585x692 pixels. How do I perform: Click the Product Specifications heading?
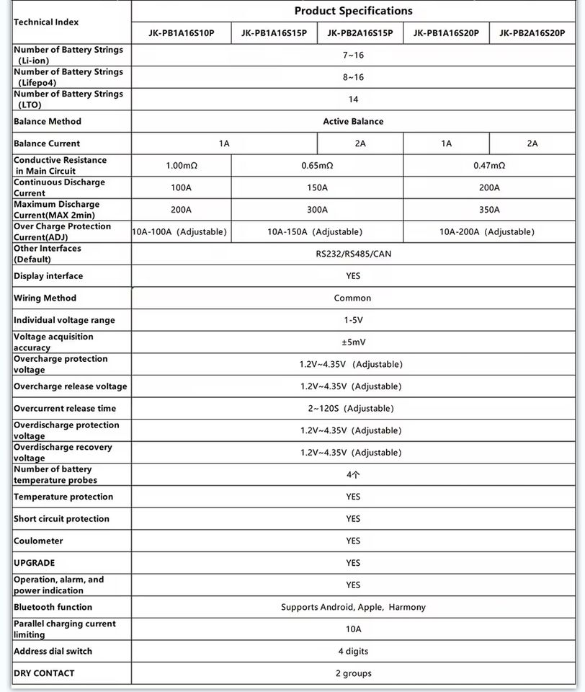353,11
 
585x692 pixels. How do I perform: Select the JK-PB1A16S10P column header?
181,32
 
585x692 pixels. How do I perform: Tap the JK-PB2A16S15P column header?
360,32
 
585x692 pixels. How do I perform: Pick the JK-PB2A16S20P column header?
532,32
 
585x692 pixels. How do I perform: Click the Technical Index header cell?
46,22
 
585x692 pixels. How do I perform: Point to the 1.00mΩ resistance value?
181,165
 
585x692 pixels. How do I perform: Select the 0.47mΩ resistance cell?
489,165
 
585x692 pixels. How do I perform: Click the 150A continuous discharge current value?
317,187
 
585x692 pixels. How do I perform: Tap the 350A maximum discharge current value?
489,210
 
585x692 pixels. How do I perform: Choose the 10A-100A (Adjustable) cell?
181,231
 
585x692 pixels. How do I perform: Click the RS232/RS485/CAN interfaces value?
353,254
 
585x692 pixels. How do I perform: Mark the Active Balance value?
353,121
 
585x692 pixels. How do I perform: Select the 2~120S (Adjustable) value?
351,408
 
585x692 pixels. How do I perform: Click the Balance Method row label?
48,121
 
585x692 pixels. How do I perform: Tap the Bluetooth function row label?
53,607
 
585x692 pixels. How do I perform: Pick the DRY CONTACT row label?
44,673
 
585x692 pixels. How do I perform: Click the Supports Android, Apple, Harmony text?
353,607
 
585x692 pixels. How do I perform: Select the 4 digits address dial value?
353,651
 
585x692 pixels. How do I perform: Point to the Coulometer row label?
38,541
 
